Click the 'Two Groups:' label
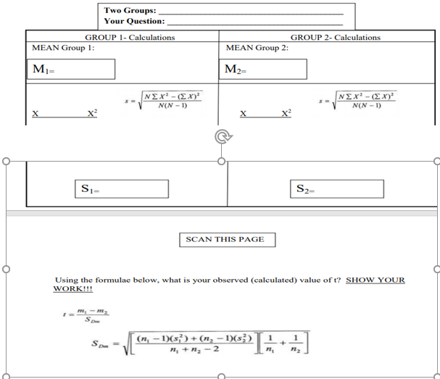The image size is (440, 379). (x=129, y=10)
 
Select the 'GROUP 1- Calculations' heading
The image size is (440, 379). (x=130, y=37)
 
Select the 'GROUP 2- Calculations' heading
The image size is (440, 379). (x=335, y=37)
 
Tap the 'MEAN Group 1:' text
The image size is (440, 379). (x=64, y=48)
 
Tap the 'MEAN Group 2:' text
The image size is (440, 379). (x=257, y=48)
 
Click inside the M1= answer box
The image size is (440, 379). (x=70, y=69)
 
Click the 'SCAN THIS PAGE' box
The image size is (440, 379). (x=225, y=239)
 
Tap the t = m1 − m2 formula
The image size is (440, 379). (x=87, y=315)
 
